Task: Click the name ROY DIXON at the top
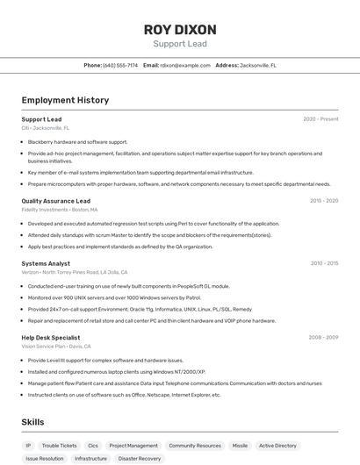(x=180, y=30)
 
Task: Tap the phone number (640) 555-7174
(x=120, y=66)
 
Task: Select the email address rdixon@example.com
(x=184, y=66)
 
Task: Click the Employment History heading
(x=65, y=100)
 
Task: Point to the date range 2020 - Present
(x=320, y=119)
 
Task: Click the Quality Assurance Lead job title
(x=56, y=201)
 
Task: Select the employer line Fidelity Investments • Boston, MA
(x=60, y=211)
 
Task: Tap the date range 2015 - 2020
(x=324, y=201)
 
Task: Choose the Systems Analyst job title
(x=46, y=263)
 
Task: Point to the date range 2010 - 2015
(x=324, y=263)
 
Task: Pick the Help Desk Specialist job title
(x=51, y=337)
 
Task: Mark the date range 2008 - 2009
(x=324, y=337)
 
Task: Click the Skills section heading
(x=32, y=422)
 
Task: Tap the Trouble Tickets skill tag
(x=60, y=446)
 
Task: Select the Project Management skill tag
(x=133, y=446)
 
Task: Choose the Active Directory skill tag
(x=277, y=446)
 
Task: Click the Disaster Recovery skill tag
(x=140, y=459)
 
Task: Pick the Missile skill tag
(x=240, y=446)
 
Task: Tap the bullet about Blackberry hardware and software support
(x=77, y=141)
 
